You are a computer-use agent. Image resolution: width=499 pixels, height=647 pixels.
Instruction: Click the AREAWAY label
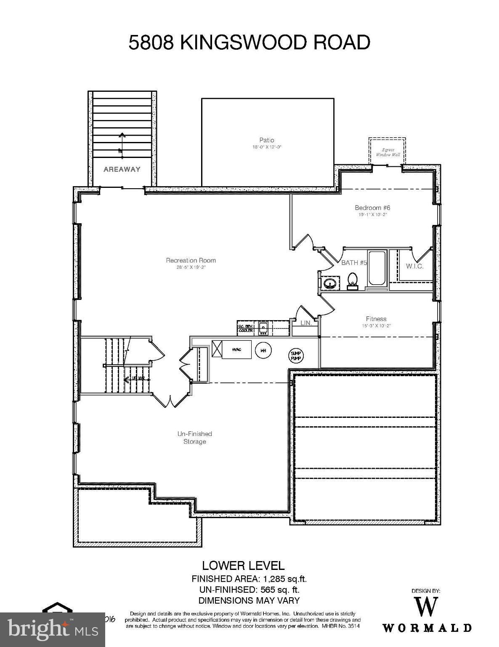pos(122,169)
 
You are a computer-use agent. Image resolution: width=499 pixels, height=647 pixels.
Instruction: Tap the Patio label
pos(267,140)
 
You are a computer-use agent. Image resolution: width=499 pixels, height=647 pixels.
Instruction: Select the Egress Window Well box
pos(387,151)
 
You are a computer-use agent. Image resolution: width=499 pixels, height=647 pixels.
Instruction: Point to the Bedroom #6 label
pos(372,208)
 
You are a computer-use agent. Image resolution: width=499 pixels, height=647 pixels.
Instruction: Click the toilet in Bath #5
pos(353,280)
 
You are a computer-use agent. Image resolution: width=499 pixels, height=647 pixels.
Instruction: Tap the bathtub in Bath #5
pos(377,268)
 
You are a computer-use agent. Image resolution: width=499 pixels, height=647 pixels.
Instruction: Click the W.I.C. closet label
pos(414,266)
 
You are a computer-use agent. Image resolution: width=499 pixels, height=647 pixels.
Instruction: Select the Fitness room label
pos(376,319)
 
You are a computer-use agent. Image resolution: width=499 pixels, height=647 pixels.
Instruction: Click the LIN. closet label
pos(306,323)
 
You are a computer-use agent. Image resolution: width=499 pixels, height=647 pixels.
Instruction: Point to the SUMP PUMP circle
pos(296,356)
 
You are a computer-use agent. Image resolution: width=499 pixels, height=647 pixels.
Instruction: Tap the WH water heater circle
pos(263,350)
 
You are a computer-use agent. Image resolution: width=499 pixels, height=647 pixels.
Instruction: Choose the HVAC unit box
pos(236,350)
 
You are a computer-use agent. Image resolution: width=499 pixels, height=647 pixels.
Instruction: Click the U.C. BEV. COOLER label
pos(246,329)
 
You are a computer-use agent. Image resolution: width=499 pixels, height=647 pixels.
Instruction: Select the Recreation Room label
pos(191,260)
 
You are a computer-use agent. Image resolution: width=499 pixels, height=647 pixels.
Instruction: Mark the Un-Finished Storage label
pos(194,437)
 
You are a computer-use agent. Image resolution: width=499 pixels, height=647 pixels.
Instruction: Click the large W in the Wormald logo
pos(426,607)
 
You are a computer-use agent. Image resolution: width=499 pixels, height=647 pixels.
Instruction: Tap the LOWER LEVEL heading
pos(243,566)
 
